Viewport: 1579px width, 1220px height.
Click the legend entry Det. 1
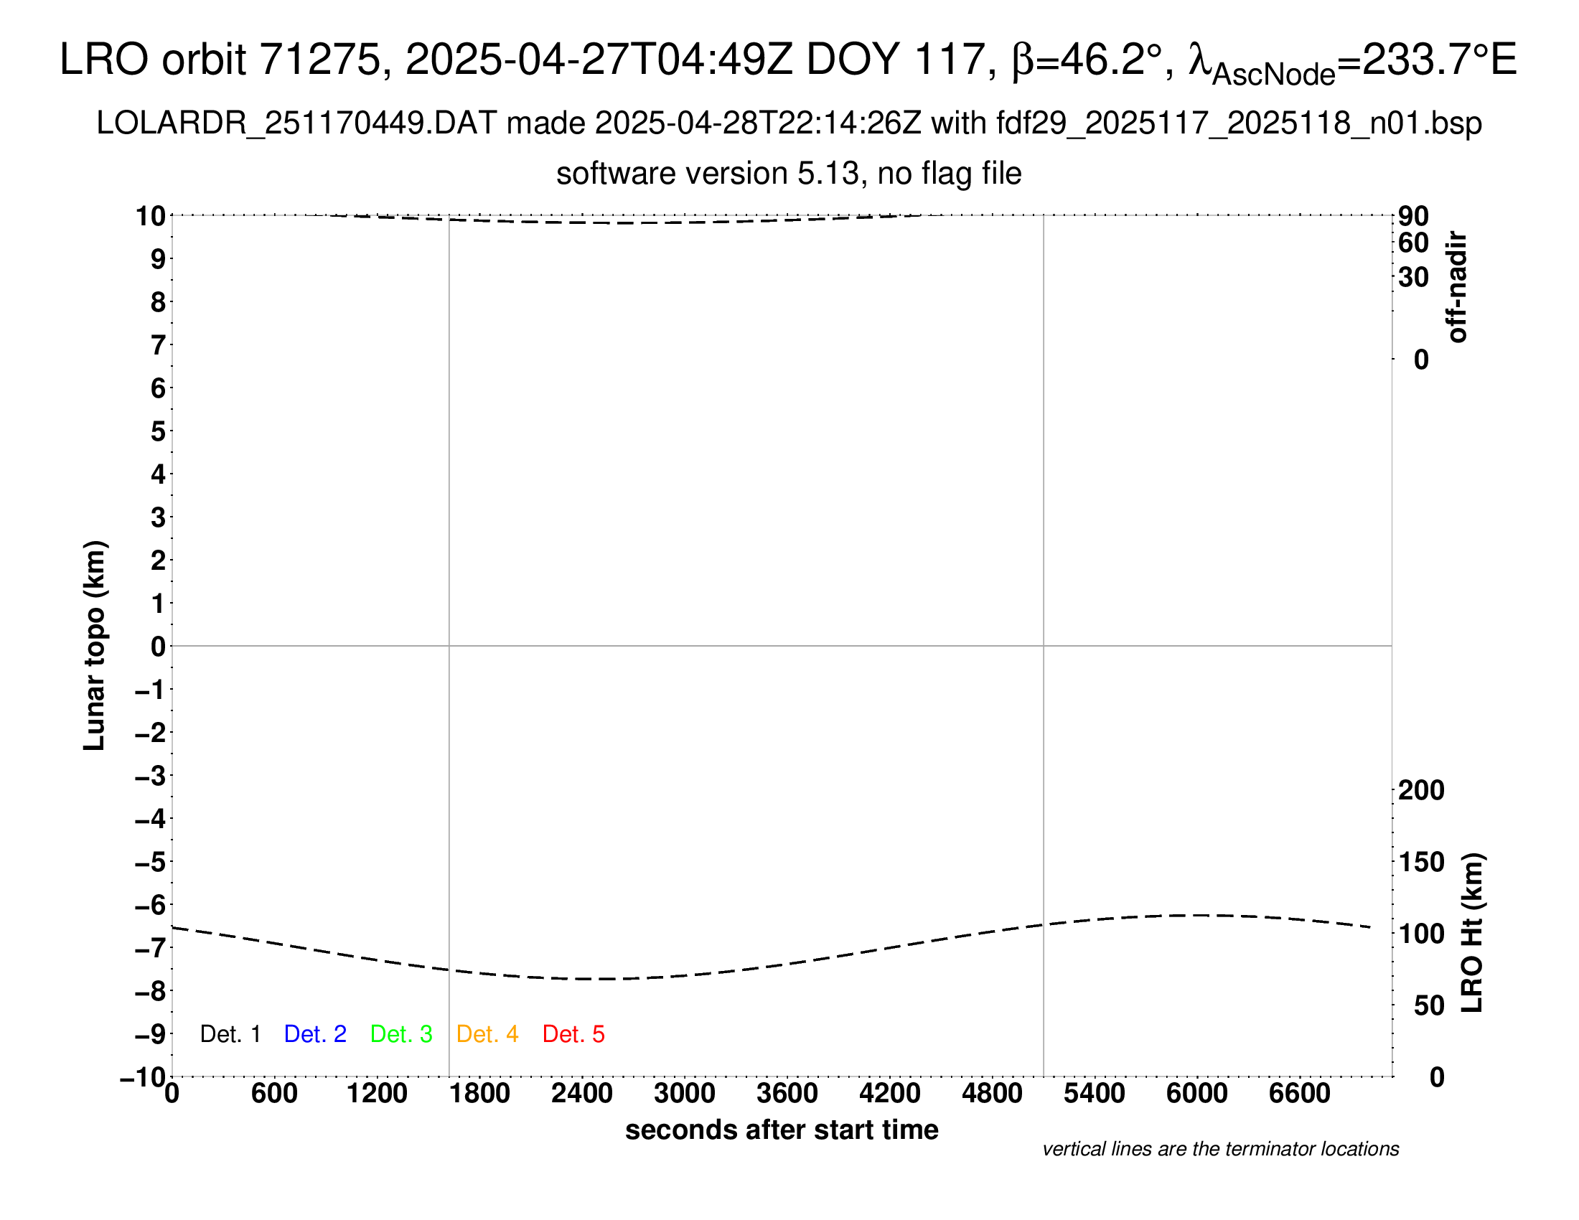230,1034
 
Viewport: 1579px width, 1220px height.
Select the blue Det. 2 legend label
315,1034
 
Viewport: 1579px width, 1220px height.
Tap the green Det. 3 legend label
401,1034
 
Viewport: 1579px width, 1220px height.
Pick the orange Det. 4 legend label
487,1034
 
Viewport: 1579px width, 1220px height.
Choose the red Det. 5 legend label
573,1034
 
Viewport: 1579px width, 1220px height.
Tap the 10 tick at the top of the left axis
151,215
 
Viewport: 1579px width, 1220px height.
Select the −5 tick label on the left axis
150,862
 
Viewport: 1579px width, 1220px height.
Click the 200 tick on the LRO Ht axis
1421,791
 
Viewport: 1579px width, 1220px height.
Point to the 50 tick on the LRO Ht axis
1428,1006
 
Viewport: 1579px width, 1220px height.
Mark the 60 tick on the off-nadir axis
1413,243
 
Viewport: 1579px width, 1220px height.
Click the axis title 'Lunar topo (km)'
95,645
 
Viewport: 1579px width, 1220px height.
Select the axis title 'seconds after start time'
782,1130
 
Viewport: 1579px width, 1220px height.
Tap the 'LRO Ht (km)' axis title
1472,933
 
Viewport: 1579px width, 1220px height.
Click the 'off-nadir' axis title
1457,287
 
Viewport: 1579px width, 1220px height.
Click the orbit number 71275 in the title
319,60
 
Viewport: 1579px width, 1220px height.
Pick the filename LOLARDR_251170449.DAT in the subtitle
296,123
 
